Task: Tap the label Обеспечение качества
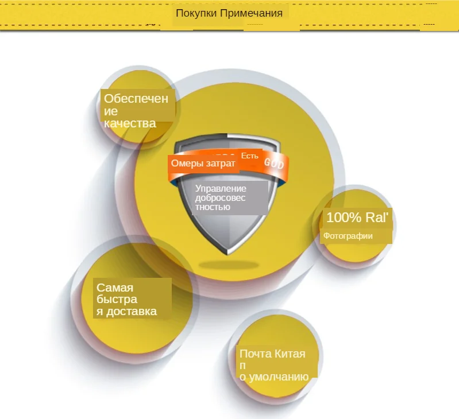pos(136,111)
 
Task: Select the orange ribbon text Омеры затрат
pos(203,164)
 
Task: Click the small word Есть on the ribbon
pos(250,156)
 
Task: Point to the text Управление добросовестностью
pos(221,197)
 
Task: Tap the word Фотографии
pos(348,236)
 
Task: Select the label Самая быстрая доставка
pos(126,300)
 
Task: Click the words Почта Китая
pos(272,354)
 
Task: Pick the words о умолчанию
pos(274,377)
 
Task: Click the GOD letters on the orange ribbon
pos(274,164)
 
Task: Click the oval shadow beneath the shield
pos(228,265)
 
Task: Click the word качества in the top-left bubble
pos(130,123)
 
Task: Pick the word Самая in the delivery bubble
pos(115,288)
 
